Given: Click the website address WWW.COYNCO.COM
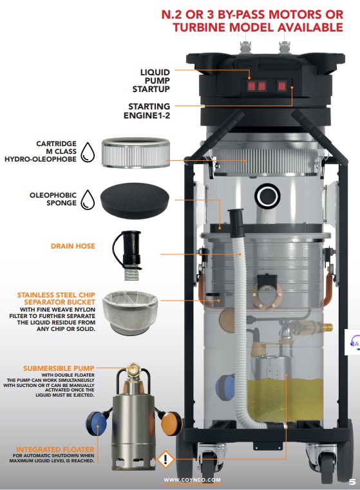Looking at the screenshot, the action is coord(192,480).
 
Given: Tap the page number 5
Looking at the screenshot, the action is coord(352,482).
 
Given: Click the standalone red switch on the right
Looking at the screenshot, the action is coord(282,86).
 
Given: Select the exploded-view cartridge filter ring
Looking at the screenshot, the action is coord(136,153).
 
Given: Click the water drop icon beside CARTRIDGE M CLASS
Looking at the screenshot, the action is coord(88,152).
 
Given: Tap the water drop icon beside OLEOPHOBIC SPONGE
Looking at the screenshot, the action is coord(88,200).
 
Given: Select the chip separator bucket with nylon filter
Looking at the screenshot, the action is coord(130,312).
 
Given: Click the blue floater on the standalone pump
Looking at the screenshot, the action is coord(97,423).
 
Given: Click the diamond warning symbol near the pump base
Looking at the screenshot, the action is coord(166,459).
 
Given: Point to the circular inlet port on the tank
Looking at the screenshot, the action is coord(267,196).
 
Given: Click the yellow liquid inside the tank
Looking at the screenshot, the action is coord(285,400).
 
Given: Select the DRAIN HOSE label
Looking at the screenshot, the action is coord(73,246).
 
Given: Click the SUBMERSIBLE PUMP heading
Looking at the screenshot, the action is coord(59,368).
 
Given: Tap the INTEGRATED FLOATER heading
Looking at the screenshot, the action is coord(55,449).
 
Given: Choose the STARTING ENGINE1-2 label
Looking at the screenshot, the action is coord(147,111).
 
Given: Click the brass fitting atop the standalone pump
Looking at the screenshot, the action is coord(134,368).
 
